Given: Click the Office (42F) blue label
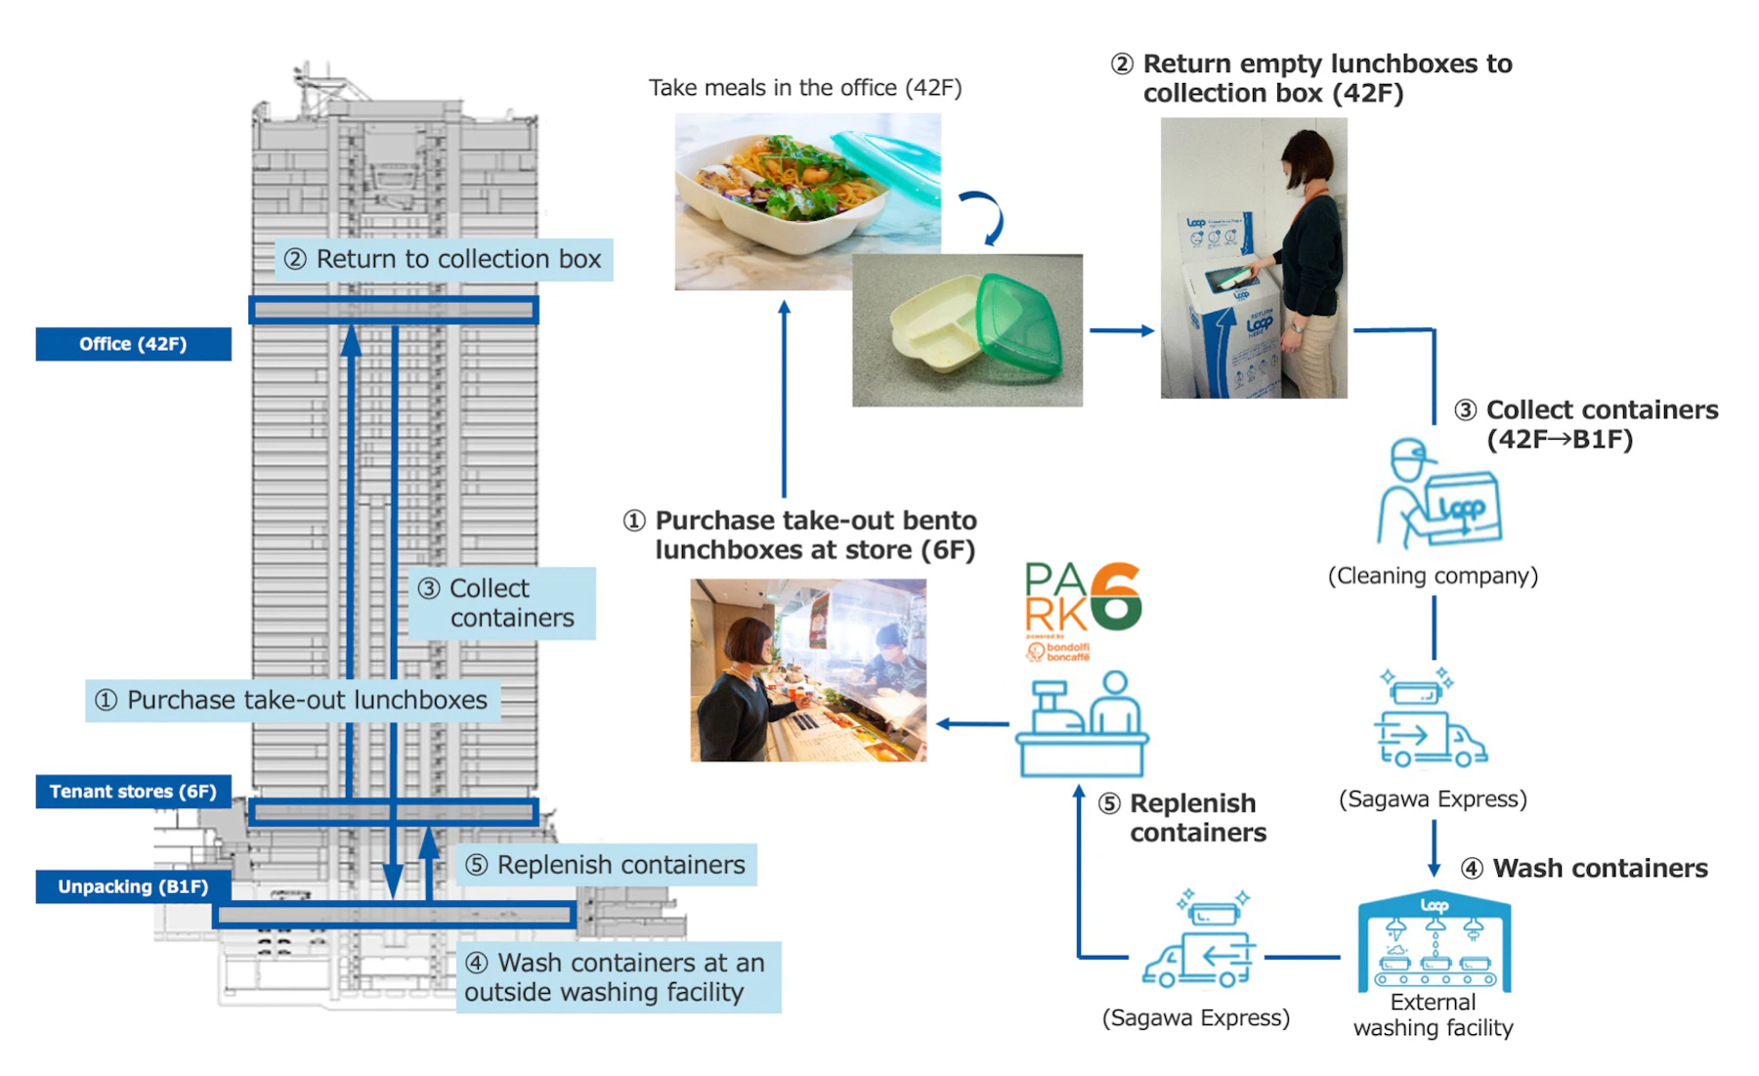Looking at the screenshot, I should coord(133,344).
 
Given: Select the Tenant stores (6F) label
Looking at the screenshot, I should coord(133,792).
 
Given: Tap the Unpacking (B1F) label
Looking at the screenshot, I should coord(133,886).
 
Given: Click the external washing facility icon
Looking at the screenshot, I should coord(1434,942).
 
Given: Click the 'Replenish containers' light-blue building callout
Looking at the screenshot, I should coord(607,865).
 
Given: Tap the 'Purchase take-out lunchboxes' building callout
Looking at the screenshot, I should coord(292,701).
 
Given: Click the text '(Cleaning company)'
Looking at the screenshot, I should coord(1433,577).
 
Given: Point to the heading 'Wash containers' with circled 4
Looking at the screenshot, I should coord(1585,868).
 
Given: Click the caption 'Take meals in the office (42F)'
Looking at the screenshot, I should coord(805,88).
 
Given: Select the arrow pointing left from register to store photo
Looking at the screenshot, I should coord(972,724).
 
